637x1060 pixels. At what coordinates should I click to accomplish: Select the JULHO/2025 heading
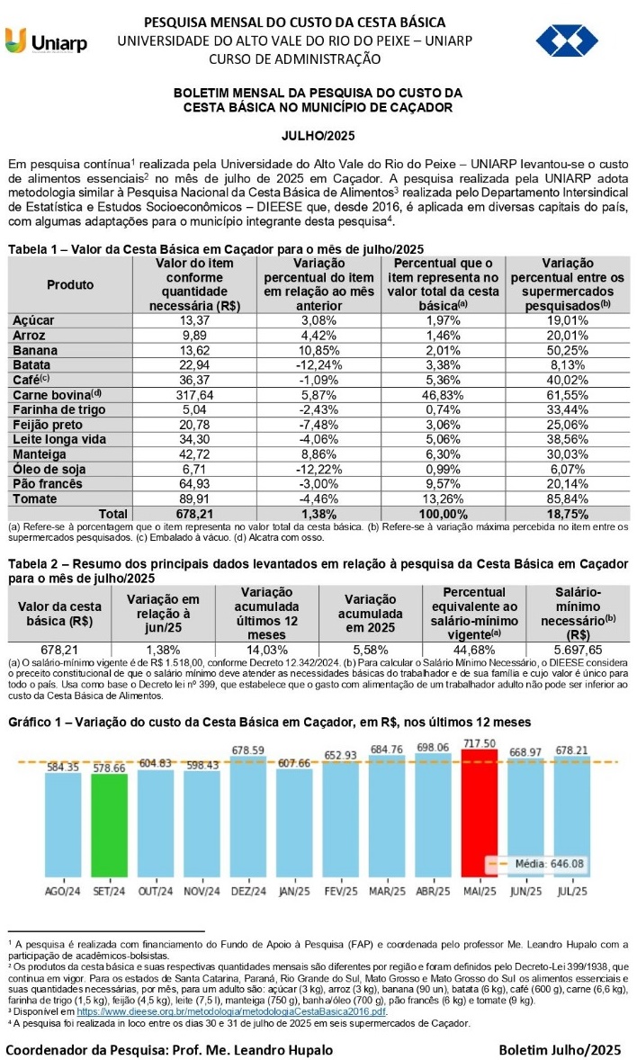tap(318, 136)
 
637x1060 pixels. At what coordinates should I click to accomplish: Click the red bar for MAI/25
tap(479, 820)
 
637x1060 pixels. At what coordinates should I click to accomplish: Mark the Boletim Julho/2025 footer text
tap(561, 1049)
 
